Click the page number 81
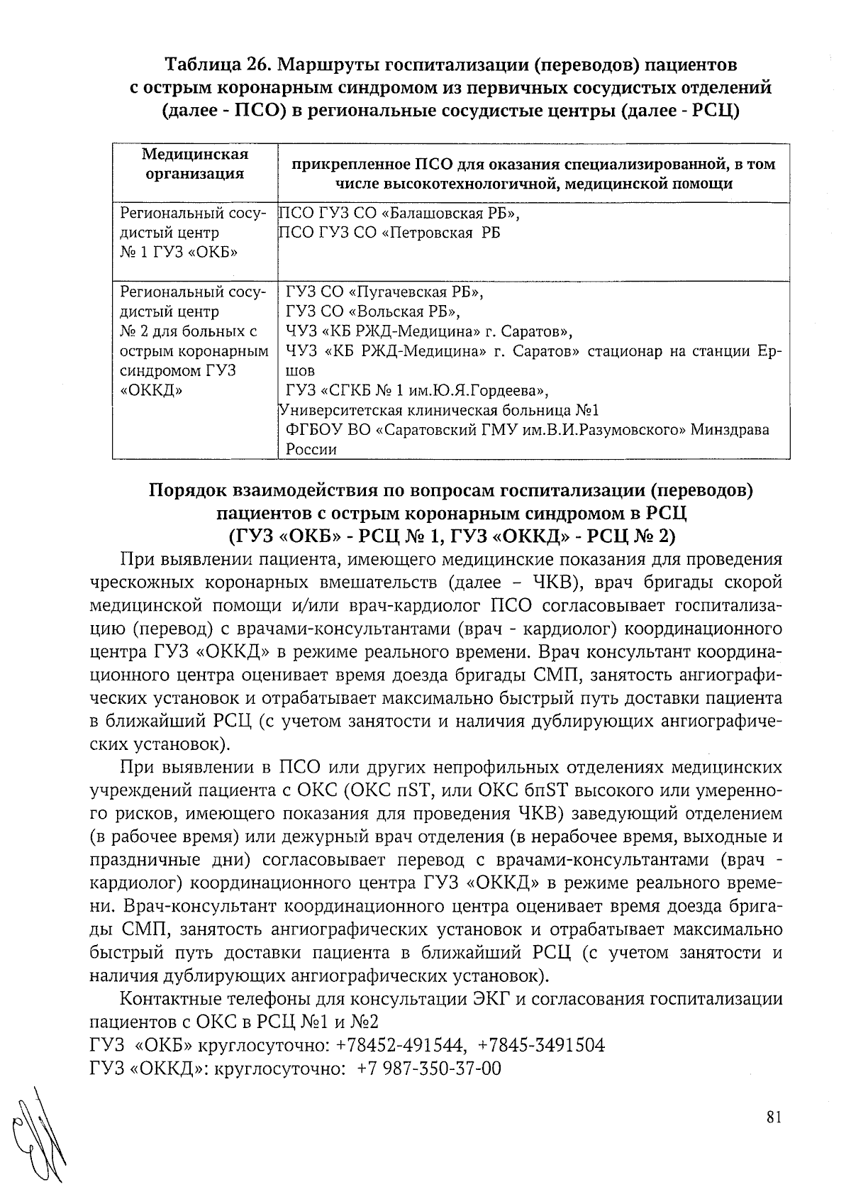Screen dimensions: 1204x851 pos(773,1117)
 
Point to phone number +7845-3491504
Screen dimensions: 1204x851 pos(542,1045)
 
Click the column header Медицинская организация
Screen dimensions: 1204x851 pos(195,163)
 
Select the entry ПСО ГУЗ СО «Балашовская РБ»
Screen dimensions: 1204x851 pos(400,213)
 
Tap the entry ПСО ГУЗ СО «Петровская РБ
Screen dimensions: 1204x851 pos(389,233)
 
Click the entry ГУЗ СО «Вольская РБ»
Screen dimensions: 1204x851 pos(373,311)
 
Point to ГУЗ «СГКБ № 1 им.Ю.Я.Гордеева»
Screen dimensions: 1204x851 pos(417,390)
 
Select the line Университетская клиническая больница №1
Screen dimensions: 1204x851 pos(440,410)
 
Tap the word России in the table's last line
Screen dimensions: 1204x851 pos(311,449)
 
